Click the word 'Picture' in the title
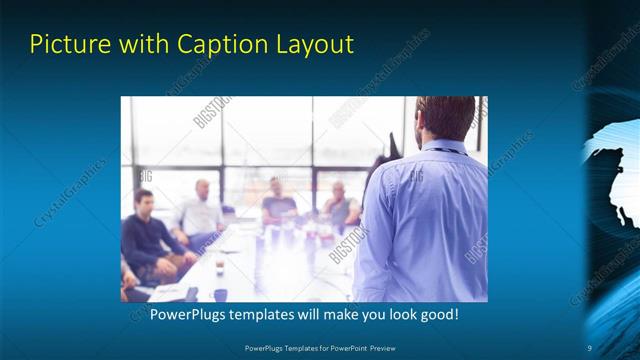point(65,44)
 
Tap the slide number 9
point(589,347)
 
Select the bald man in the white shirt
point(202,211)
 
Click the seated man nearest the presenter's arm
point(340,205)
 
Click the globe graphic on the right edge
point(612,175)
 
